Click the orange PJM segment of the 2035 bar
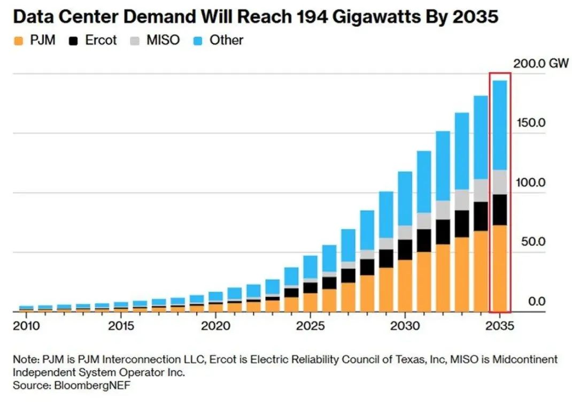500,269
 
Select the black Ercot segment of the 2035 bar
500,210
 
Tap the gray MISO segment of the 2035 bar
500,182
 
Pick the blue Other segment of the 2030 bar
405,198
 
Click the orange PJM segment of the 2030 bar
405,286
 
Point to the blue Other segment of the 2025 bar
310,267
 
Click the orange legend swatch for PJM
18,41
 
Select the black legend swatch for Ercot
73,41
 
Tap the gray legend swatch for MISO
135,41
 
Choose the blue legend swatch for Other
197,41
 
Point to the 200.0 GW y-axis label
541,64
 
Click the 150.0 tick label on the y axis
531,122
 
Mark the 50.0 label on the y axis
533,242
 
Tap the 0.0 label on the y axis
537,302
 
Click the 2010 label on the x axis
26,326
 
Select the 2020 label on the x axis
215,326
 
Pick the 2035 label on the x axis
500,326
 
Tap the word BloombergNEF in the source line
92,385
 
